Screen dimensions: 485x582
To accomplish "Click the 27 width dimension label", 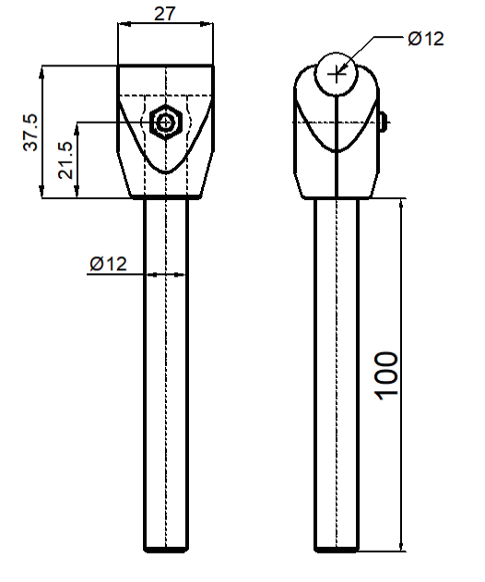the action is pos(164,14).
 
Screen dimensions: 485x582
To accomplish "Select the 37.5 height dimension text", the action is pos(30,132).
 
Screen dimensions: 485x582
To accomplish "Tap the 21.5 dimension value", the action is pos(66,160).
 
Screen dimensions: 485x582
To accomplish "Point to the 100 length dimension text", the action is pos(387,376).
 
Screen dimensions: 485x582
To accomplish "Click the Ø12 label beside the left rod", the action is pos(109,264).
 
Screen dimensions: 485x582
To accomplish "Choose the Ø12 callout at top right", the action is pos(426,38).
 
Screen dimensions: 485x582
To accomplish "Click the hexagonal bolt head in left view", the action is pos(166,122).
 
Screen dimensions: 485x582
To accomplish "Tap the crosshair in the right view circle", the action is pos(337,75).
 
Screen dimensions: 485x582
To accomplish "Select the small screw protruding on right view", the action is pos(384,122).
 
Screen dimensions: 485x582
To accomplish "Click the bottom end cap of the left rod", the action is pos(165,550).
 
